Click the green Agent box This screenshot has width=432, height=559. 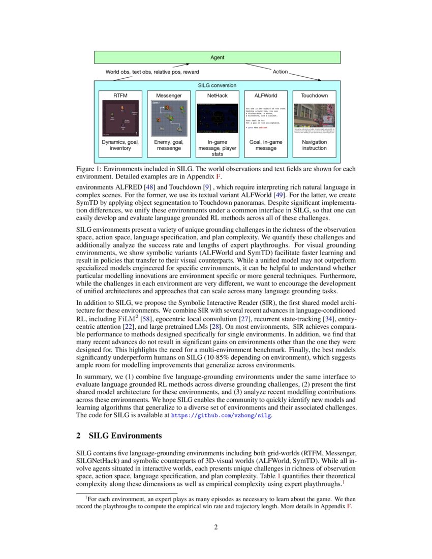click(x=217, y=57)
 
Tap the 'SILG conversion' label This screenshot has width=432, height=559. click(x=217, y=86)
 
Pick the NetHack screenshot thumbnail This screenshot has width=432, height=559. click(x=217, y=118)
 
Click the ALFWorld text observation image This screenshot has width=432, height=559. click(x=266, y=118)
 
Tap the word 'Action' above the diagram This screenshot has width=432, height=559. click(x=280, y=72)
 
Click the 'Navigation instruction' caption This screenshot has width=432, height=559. click(x=314, y=145)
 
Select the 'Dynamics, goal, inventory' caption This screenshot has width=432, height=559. click(x=120, y=145)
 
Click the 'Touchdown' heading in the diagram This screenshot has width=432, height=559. click(x=314, y=95)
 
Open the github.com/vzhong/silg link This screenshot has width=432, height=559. click(x=221, y=415)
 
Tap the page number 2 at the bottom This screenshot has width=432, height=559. click(x=216, y=527)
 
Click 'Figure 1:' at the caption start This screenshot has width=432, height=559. click(x=90, y=169)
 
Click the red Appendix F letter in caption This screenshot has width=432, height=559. click(x=219, y=176)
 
